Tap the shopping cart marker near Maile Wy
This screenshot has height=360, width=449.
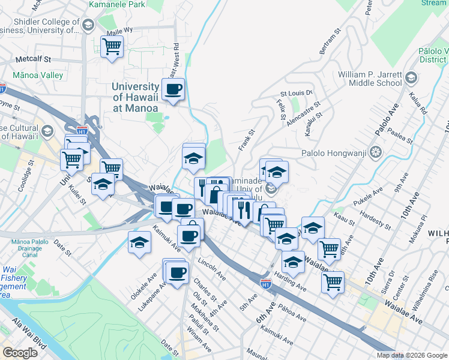[x=112, y=46]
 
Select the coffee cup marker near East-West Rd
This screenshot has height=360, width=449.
[x=173, y=89]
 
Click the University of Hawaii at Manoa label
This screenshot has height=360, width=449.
[x=135, y=97]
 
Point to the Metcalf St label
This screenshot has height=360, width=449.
[x=34, y=60]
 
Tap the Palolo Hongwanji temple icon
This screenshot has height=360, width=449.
[x=376, y=152]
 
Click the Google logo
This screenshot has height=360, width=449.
[x=20, y=353]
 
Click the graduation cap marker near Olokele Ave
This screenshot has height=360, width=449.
[x=139, y=243]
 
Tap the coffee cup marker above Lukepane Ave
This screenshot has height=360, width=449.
[x=176, y=273]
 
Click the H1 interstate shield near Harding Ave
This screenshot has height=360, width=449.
[x=265, y=281]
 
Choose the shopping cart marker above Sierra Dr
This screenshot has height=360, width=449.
[x=332, y=281]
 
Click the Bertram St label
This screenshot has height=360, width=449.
[x=331, y=40]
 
